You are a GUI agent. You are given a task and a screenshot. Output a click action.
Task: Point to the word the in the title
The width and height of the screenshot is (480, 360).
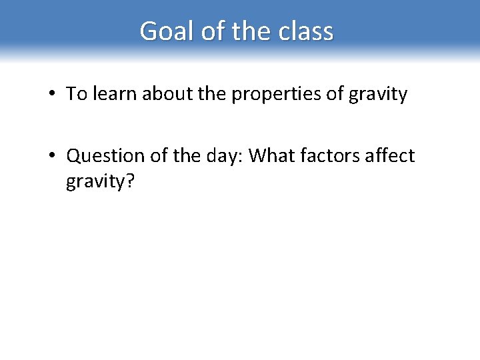(249, 31)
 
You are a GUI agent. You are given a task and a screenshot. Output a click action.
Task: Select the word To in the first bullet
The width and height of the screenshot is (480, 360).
(75, 94)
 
